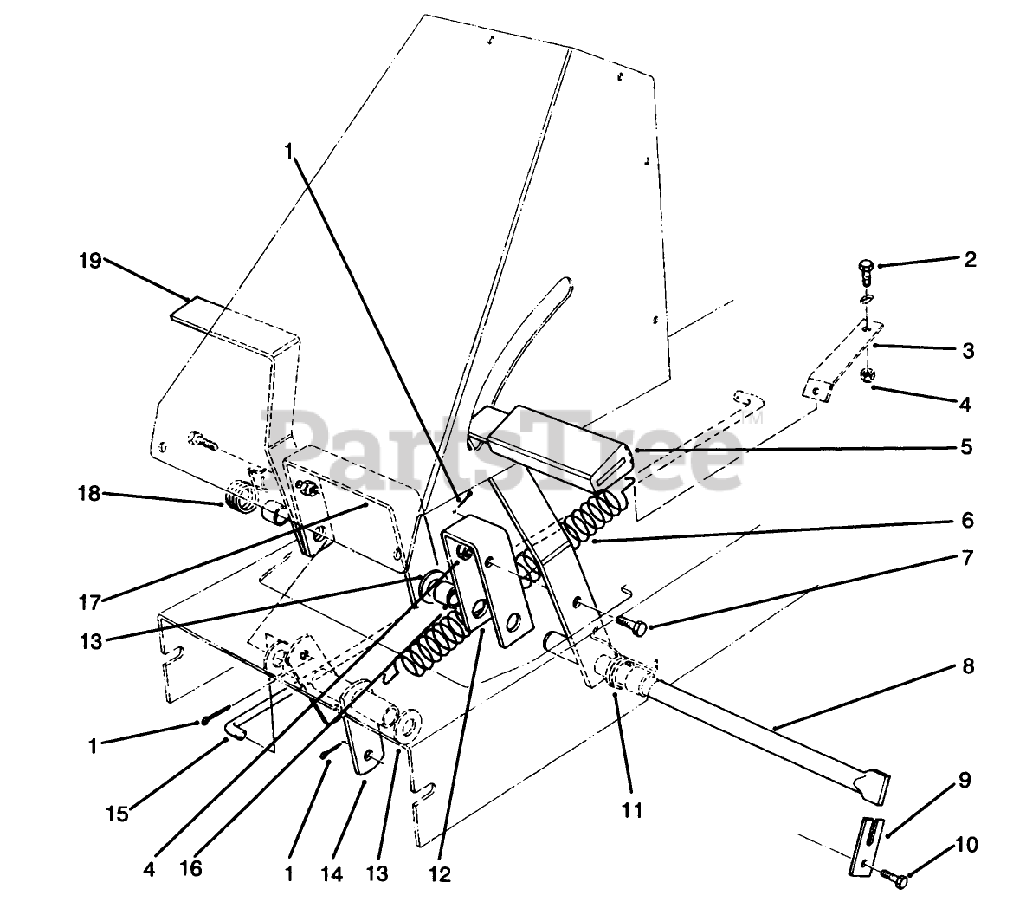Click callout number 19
[x=90, y=259]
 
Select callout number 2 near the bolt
[x=970, y=259]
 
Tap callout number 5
[x=966, y=447]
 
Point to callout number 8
[x=967, y=666]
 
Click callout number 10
[x=967, y=842]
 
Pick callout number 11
[x=632, y=811]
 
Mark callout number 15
[x=118, y=814]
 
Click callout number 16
[x=191, y=868]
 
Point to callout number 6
[x=967, y=520]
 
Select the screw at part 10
[x=898, y=879]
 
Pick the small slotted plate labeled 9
[x=867, y=845]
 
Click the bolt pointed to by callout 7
[x=631, y=623]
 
